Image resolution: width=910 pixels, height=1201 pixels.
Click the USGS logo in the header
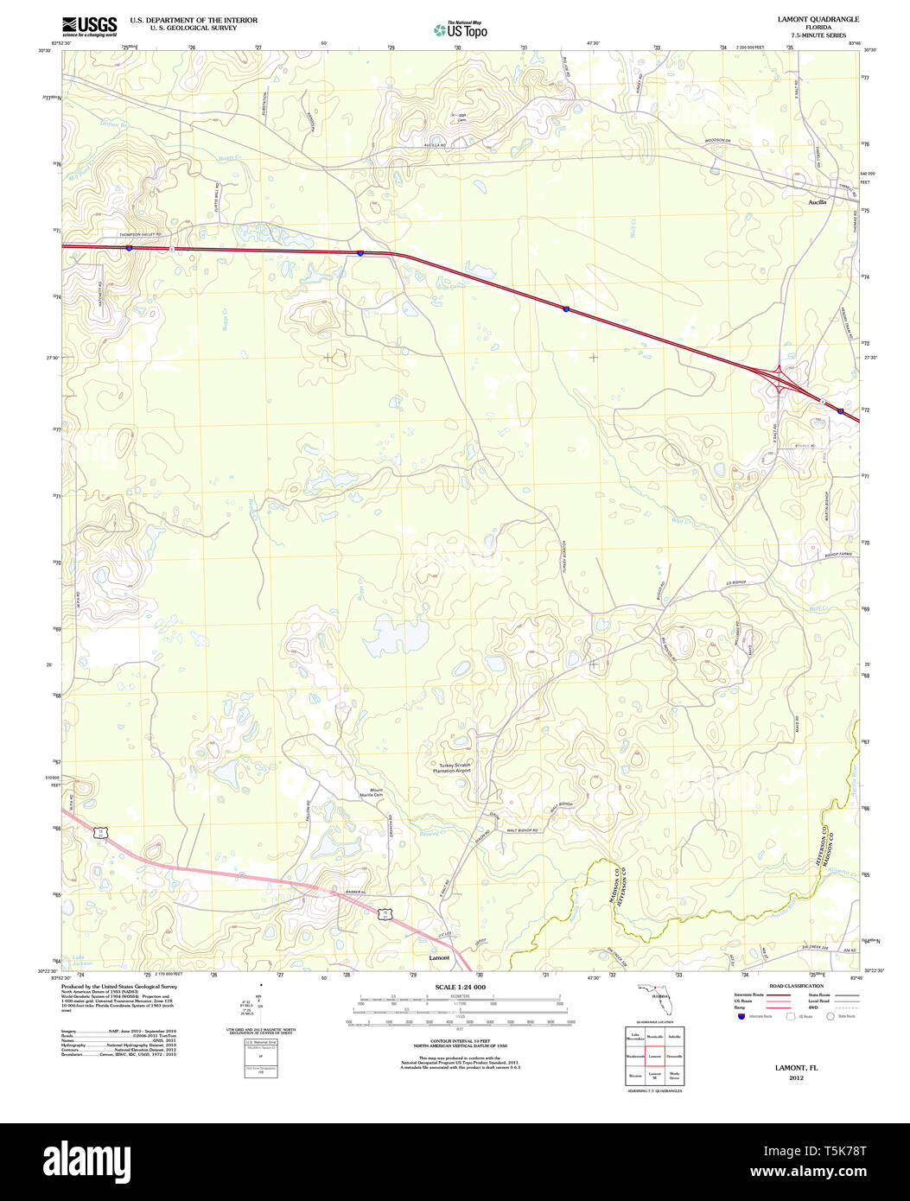click(90, 27)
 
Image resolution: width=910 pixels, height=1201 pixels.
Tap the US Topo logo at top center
click(461, 30)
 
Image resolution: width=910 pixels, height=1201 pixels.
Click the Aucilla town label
click(817, 202)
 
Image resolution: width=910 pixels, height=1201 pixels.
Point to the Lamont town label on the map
click(440, 958)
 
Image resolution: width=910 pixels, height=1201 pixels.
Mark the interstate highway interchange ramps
click(780, 380)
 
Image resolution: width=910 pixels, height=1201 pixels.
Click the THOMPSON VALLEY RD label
click(130, 234)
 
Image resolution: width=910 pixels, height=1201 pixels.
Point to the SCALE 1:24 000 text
click(460, 987)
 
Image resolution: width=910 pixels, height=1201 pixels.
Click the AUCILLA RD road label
click(434, 146)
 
